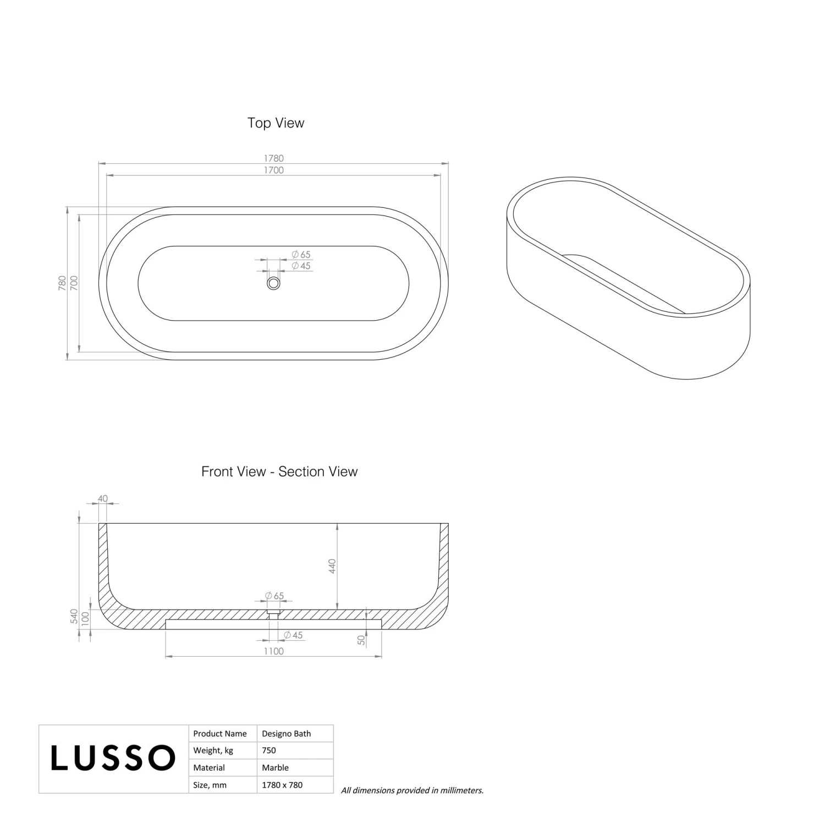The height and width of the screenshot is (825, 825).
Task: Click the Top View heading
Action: pos(276,123)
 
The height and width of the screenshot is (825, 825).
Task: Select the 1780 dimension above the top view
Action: pos(273,158)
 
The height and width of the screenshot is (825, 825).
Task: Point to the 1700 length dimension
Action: pos(273,170)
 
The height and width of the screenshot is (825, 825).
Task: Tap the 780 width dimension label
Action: pos(62,283)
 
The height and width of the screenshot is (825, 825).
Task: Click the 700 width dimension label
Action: pos(74,283)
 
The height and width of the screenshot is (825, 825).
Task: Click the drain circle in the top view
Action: pos(273,283)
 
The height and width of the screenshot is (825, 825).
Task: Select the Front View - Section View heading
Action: pos(279,471)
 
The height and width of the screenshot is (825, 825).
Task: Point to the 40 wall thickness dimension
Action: pos(103,499)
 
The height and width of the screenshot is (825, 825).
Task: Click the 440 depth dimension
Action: pos(332,566)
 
